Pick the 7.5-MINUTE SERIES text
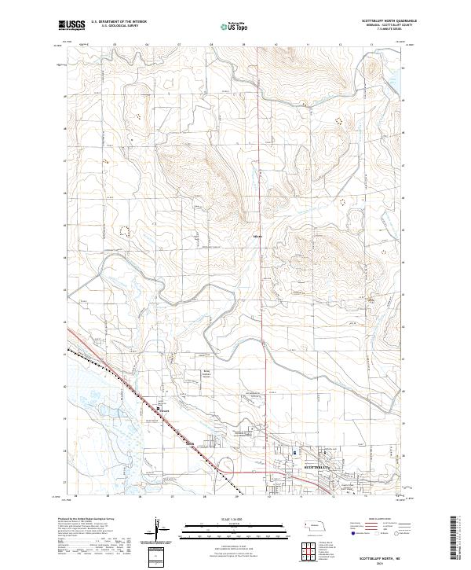373,31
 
